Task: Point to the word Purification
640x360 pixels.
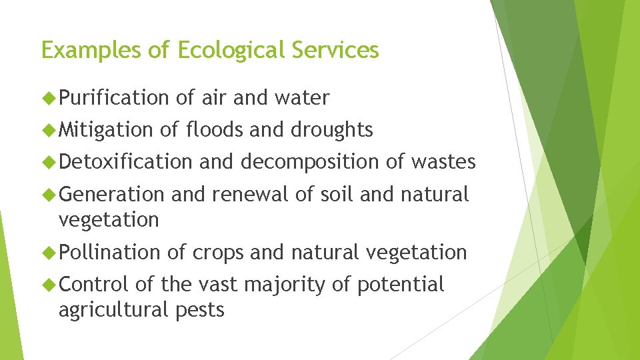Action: pos(114,98)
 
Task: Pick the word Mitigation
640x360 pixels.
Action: pos(106,130)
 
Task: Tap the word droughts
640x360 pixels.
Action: pos(331,130)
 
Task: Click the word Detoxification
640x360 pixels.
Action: pos(125,162)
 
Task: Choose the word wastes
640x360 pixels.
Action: pos(443,162)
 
